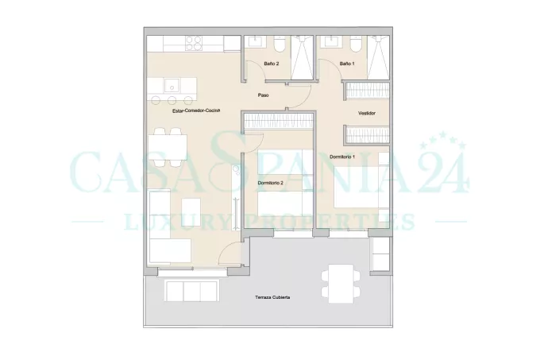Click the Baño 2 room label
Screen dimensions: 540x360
click(272, 64)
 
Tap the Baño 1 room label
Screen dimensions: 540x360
click(347, 64)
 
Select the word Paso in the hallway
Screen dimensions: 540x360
click(263, 95)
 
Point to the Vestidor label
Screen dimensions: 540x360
click(366, 113)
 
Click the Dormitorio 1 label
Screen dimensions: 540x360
click(342, 157)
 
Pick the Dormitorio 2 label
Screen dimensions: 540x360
click(270, 183)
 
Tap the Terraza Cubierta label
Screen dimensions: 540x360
click(272, 297)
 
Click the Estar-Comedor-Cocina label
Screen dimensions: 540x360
click(196, 110)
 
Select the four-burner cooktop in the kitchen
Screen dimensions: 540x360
click(194, 44)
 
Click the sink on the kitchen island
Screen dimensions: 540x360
click(172, 86)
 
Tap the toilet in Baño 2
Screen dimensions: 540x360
click(280, 44)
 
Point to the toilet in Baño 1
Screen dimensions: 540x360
click(355, 44)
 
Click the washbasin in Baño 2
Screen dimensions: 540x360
click(256, 41)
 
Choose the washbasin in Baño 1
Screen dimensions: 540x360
click(331, 41)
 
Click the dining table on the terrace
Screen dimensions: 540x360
click(341, 284)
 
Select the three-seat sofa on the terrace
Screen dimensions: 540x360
click(192, 291)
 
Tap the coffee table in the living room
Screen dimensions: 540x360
click(191, 212)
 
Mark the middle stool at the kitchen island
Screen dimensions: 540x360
click(172, 100)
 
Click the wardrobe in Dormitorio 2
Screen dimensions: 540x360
click(278, 122)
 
